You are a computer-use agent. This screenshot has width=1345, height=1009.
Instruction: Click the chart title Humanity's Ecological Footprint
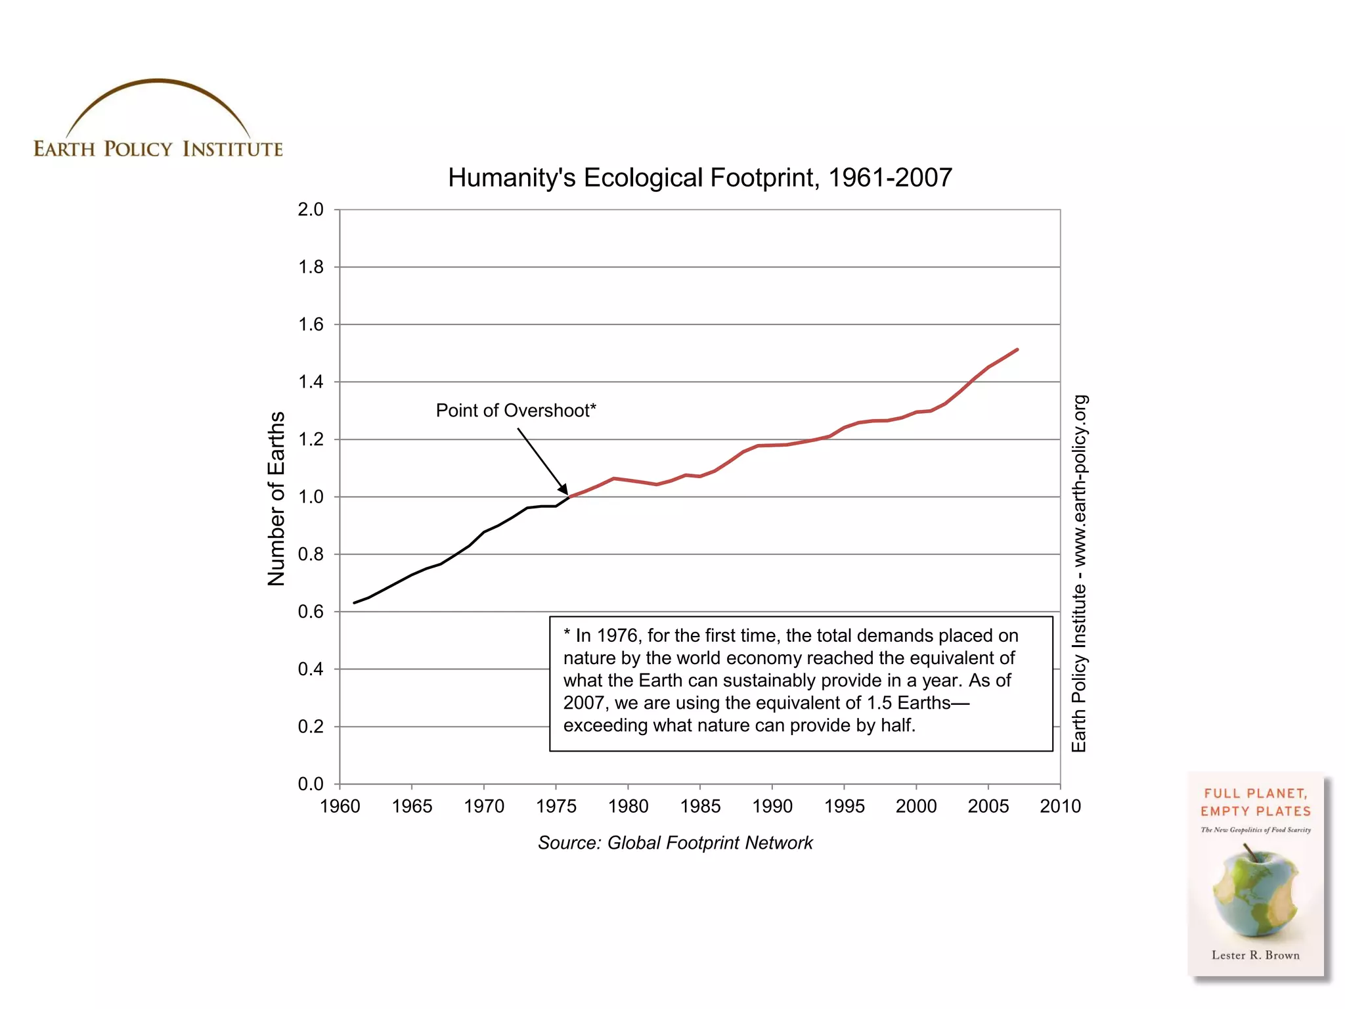click(x=699, y=177)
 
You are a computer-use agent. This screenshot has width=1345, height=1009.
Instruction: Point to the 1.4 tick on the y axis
click(x=311, y=382)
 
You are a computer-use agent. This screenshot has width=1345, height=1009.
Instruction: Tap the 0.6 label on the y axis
click(x=311, y=612)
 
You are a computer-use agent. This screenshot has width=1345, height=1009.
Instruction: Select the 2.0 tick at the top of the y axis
click(x=311, y=210)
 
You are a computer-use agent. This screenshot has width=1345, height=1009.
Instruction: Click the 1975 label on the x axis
click(x=556, y=806)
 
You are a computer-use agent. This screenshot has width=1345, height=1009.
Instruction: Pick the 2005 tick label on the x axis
click(x=988, y=806)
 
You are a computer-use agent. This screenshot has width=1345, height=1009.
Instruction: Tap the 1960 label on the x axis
click(x=340, y=806)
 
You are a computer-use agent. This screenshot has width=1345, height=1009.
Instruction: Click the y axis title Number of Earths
click(x=276, y=498)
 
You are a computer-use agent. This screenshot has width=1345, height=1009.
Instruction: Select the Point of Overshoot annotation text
click(x=516, y=411)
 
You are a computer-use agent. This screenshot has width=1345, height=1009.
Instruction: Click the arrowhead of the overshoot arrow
click(x=564, y=489)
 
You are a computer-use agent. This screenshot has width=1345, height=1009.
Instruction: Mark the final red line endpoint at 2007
click(x=1017, y=349)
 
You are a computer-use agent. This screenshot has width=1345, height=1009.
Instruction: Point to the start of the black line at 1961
click(x=355, y=602)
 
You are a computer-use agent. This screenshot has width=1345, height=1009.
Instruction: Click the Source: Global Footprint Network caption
click(x=675, y=843)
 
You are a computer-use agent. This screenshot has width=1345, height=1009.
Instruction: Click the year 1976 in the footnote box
click(x=617, y=635)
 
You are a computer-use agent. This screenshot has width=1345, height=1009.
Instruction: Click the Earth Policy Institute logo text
click(x=158, y=149)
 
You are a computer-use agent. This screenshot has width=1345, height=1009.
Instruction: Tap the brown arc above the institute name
click(x=158, y=82)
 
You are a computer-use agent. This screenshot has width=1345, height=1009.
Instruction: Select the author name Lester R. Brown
click(x=1255, y=955)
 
